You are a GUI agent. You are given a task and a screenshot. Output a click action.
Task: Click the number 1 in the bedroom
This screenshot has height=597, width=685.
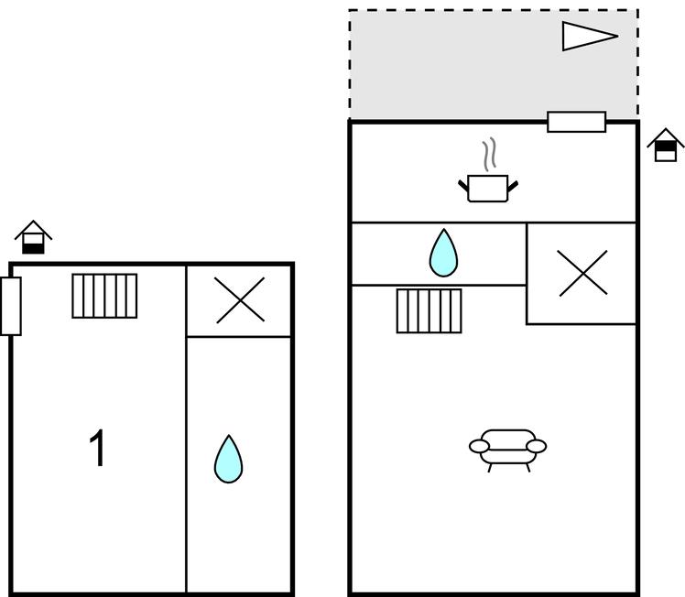click(x=97, y=449)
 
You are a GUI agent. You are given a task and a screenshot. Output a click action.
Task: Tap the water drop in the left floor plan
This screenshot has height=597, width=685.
click(x=228, y=459)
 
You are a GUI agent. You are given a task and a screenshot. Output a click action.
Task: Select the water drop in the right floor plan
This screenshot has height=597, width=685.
click(x=443, y=253)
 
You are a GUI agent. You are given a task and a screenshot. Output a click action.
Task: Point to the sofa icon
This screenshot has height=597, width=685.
click(x=507, y=448)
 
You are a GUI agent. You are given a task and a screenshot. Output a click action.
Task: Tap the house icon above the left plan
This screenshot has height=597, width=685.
click(x=34, y=237)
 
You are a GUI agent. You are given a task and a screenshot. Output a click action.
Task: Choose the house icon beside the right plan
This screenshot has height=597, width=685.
click(x=666, y=145)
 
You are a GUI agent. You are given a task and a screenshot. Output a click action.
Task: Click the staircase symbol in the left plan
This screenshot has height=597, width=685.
click(x=104, y=296)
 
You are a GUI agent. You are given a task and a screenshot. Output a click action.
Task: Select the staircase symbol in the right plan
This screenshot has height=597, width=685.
click(x=429, y=310)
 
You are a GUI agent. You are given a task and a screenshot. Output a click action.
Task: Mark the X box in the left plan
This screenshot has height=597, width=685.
click(x=240, y=300)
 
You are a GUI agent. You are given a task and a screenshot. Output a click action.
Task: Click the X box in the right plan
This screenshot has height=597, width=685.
click(x=582, y=273)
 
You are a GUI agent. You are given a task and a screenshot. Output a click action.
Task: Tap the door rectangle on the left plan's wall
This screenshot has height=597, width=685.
click(x=11, y=306)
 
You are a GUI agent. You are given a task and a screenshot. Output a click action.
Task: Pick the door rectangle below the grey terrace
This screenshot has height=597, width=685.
click(x=576, y=122)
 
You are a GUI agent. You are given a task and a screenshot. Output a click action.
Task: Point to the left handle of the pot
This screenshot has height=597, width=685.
click(x=463, y=186)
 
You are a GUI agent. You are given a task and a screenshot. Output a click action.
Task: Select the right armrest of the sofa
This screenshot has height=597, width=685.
click(x=537, y=446)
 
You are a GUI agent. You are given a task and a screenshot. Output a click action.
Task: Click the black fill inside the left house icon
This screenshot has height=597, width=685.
click(x=34, y=246)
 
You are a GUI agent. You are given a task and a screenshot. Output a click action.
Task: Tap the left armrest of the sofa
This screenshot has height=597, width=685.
click(x=479, y=446)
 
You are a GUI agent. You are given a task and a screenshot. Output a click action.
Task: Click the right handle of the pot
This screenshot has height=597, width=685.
click(x=513, y=186)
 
